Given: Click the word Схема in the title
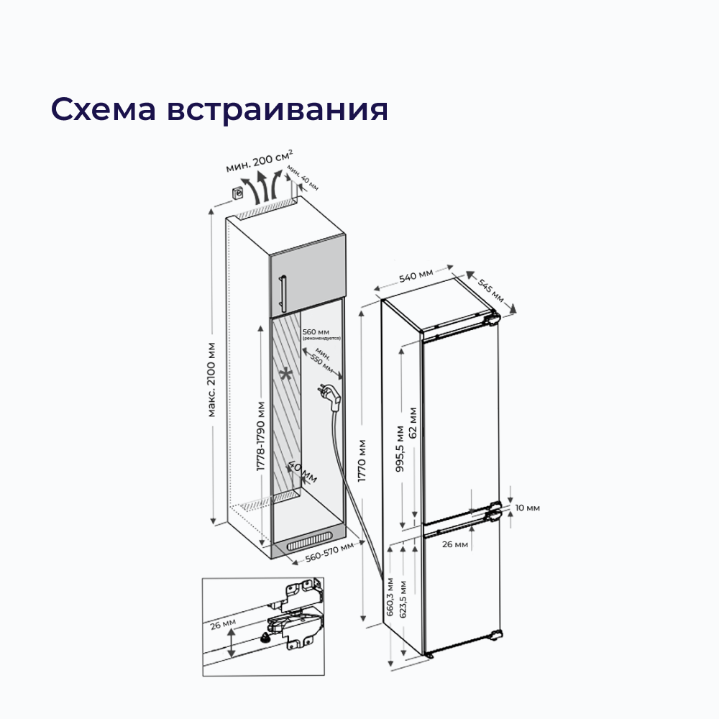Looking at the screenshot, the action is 102,109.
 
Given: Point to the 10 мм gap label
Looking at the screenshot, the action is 527,508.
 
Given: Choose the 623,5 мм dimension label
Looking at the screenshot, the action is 403,599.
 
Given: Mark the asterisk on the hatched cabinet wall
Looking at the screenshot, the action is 286,375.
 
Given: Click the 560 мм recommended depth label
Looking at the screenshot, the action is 316,332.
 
